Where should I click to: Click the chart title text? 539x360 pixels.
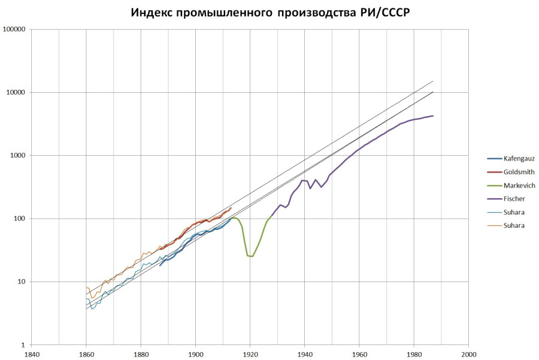(270, 13)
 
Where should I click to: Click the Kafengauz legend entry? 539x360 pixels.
(519, 158)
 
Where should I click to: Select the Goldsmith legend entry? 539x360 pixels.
(518, 171)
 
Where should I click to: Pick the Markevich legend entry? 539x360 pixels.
(519, 185)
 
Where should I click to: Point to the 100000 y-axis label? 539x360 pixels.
(17, 29)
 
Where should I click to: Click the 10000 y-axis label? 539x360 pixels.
(19, 92)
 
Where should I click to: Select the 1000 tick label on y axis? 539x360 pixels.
(20, 156)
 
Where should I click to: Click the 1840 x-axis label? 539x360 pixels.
(32, 353)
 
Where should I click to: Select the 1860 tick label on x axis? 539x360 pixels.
(86, 353)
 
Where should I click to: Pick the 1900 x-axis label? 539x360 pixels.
(196, 353)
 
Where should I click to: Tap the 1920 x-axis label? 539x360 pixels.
(250, 353)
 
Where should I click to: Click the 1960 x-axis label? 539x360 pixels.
(359, 353)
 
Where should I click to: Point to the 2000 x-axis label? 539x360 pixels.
(469, 353)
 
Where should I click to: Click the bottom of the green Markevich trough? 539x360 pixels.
(250, 256)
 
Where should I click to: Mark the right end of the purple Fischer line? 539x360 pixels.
(433, 116)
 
